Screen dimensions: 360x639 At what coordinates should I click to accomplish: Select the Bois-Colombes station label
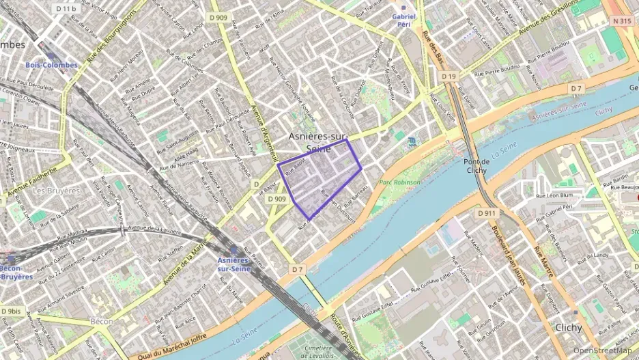coord(52,65)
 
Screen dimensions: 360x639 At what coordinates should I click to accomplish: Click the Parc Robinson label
coord(400,182)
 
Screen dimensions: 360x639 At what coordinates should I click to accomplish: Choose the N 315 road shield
coord(622,21)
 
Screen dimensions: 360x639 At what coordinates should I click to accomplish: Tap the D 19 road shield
coord(448,77)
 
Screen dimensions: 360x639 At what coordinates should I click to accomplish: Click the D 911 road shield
coord(487,214)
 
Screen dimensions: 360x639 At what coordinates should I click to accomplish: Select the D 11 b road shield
coord(66,8)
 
